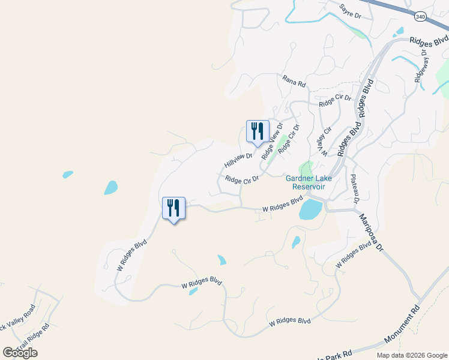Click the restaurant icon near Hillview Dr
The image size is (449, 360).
(258, 131)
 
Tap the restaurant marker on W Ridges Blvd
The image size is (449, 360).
(173, 208)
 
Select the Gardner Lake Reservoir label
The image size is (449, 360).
(309, 182)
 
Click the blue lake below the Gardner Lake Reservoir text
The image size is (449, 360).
(310, 210)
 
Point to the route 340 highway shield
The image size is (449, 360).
(420, 17)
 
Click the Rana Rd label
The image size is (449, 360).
(294, 81)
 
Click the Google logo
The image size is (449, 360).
(20, 353)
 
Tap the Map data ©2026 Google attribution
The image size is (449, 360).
(411, 355)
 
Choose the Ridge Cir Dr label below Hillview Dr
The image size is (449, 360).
(242, 179)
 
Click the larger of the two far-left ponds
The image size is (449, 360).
(110, 188)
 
